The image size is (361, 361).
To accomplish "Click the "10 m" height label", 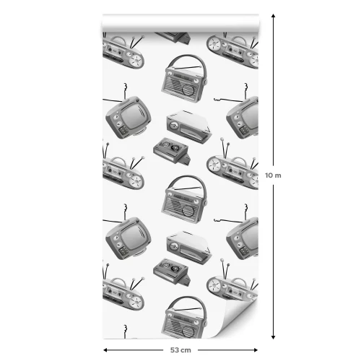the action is click(273, 175).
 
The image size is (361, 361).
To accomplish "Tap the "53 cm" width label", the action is click(180, 350).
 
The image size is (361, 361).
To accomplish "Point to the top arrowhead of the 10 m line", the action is click(273, 16).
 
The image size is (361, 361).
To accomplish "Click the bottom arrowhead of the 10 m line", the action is click(273, 337).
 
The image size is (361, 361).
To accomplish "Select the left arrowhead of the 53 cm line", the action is click(105, 350).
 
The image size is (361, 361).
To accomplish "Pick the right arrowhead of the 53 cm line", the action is click(256, 350).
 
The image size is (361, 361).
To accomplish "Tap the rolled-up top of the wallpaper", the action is click(180, 23).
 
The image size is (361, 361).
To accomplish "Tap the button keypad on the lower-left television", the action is click(123, 251).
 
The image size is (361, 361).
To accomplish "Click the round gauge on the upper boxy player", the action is click(173, 126).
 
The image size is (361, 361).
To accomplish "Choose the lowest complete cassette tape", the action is click(172, 272).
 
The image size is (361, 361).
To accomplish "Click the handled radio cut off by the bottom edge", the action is click(184, 317).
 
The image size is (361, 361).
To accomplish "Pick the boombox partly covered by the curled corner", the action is click(232, 287).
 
